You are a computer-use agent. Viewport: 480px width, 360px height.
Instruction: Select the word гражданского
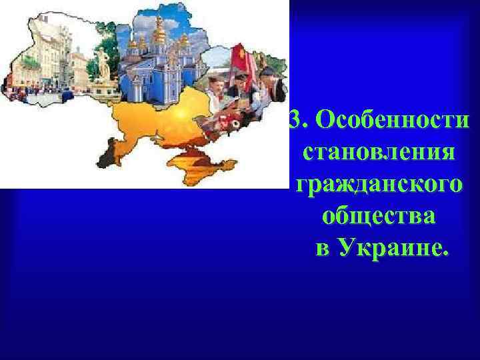(377, 183)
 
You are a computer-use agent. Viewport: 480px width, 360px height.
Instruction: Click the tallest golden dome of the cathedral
(160, 27)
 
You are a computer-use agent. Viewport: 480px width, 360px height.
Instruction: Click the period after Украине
(445, 254)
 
